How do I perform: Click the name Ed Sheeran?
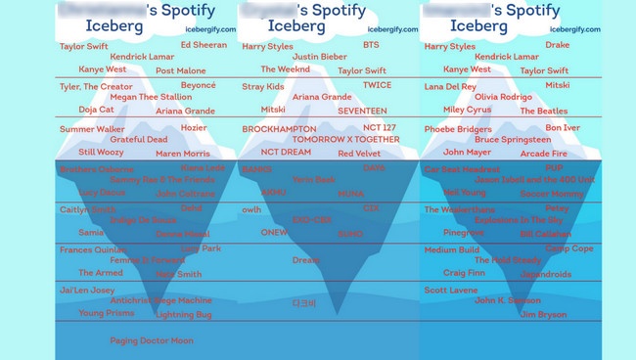tap(204, 45)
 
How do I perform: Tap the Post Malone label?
tap(180, 71)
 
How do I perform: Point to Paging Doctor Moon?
tap(151, 341)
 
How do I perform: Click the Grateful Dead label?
tap(138, 140)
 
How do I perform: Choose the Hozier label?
tap(194, 128)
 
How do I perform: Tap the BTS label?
tap(371, 45)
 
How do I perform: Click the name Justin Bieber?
tap(319, 57)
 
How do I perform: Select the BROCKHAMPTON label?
tap(279, 129)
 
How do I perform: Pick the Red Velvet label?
tap(359, 154)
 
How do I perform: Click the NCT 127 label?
tap(380, 128)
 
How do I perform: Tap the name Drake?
tap(557, 45)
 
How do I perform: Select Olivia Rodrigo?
tap(503, 97)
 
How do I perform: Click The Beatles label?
tap(543, 112)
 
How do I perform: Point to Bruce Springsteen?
tap(511, 140)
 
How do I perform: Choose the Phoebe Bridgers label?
tap(458, 129)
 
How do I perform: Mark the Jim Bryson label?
tap(542, 315)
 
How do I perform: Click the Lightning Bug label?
tap(183, 315)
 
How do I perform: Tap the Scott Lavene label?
tap(451, 291)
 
